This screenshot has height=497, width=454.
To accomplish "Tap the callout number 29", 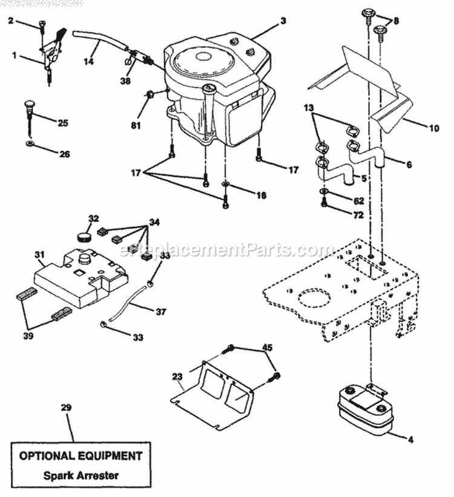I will pyautogui.click(x=67, y=407).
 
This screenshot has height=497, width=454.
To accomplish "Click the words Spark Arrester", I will pyautogui.click(x=81, y=475).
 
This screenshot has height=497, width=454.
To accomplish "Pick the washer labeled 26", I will pyautogui.click(x=29, y=145).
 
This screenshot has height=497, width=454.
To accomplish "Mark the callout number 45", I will pyautogui.click(x=267, y=347).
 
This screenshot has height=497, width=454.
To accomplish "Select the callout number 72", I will pyautogui.click(x=358, y=214).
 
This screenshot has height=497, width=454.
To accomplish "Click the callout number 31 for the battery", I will pyautogui.click(x=40, y=255).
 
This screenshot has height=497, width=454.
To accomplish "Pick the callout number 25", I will pyautogui.click(x=63, y=123).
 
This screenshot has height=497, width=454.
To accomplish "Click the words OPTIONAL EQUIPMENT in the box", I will pyautogui.click(x=81, y=455).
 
